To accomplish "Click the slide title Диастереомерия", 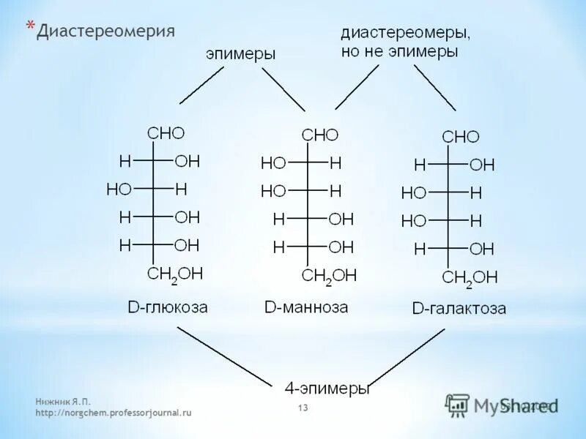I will (106, 31).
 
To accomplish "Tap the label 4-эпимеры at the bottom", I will (326, 388).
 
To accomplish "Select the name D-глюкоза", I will (168, 307).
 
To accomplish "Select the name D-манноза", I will (306, 307).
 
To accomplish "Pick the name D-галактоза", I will (459, 309).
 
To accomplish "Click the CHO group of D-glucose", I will (166, 133).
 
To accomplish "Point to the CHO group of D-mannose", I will (320, 135).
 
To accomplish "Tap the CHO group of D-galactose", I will (461, 137).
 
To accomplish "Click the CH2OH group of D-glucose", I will (175, 274).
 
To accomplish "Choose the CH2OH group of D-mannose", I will (329, 276).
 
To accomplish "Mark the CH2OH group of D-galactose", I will (470, 277).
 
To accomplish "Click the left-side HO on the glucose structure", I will (119, 189).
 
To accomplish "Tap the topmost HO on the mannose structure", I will (273, 163).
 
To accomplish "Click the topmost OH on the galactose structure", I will (482, 165).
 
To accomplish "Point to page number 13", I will (303, 408).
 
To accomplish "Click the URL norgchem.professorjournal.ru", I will (114, 413).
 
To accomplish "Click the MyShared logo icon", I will (458, 405).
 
